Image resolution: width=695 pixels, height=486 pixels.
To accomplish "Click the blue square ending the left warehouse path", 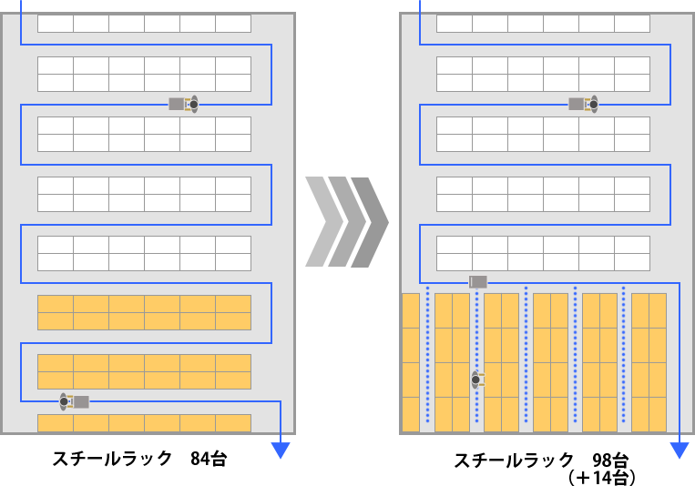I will click(281, 451).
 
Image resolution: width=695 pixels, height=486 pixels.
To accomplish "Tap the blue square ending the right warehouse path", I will click(679, 451).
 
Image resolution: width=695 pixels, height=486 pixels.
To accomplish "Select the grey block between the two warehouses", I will click(346, 221).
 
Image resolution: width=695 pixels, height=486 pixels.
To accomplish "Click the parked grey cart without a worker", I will click(478, 281).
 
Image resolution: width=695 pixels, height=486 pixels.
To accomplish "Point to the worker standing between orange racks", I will click(476, 380).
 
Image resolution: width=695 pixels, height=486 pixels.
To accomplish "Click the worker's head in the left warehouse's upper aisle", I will click(193, 105).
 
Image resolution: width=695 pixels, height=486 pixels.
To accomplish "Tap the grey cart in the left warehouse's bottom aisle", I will click(81, 401).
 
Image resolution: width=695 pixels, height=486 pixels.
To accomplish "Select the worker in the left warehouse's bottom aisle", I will click(65, 400).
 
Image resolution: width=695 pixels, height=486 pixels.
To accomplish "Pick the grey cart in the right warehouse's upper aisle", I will click(577, 105).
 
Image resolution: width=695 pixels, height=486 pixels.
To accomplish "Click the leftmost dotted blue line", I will click(427, 355).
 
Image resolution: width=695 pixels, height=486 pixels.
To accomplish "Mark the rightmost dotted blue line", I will click(623, 355).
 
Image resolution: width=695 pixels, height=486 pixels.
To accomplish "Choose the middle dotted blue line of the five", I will click(526, 355).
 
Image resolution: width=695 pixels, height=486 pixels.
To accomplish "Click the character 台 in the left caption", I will click(218, 458).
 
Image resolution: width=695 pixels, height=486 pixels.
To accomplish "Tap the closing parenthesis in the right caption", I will click(630, 476).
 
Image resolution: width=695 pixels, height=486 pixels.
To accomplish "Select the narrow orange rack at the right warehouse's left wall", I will click(410, 362).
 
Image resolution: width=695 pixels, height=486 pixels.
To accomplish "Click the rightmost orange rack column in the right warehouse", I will click(649, 362).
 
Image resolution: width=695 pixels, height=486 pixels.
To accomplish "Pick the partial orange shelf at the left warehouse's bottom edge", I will click(144, 423).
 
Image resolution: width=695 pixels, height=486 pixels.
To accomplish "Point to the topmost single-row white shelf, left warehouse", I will click(144, 24).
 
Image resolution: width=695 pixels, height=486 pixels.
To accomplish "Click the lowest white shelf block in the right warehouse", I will click(543, 253).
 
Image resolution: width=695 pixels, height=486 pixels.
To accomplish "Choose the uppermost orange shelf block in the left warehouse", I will click(144, 312).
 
